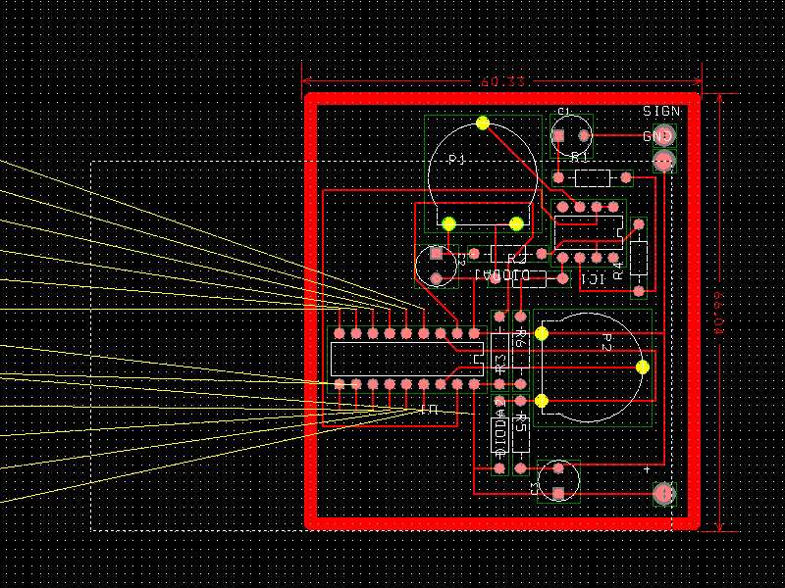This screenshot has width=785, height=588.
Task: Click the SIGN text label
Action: point(661,112)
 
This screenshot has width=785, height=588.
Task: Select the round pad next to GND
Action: point(665,136)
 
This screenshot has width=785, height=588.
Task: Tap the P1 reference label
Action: point(456,159)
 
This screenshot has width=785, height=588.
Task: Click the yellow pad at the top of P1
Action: point(482,122)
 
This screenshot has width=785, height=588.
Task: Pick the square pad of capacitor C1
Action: point(558,135)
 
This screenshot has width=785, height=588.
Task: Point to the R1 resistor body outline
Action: point(592,177)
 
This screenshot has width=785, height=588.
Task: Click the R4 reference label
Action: point(618,269)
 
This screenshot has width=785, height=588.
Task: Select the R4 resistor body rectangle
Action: point(639,258)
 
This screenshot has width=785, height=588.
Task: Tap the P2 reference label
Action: point(606,343)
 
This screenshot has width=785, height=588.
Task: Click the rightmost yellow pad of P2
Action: point(642,367)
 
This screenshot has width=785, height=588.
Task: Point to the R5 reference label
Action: point(521,423)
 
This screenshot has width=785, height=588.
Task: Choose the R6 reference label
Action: point(521,339)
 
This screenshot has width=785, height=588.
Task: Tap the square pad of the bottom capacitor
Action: point(558,493)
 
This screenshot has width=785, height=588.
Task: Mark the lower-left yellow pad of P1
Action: point(448,223)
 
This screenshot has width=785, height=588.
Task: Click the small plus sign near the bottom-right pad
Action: point(647,470)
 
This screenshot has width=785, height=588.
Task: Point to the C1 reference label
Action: point(564,112)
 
